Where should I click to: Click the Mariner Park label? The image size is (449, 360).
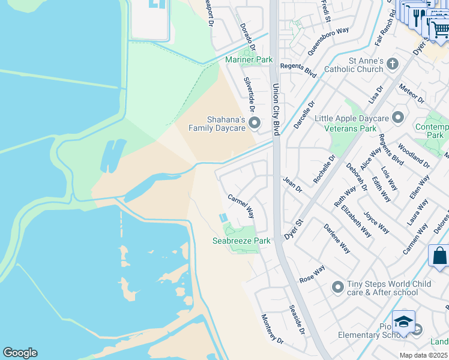(x=249, y=59)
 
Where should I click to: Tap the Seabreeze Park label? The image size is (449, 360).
(x=241, y=241)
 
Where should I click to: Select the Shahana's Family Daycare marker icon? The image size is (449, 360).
(x=255, y=123)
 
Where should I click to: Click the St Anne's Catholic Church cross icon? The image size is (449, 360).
(x=393, y=64)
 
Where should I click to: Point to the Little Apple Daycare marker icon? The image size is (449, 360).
(x=398, y=117)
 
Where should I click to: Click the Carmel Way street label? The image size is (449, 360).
(x=241, y=206)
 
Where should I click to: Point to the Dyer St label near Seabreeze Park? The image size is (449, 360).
(x=294, y=229)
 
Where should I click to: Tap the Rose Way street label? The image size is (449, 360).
(x=312, y=274)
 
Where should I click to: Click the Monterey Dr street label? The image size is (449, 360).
(x=272, y=328)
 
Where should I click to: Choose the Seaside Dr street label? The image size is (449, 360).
(x=297, y=320)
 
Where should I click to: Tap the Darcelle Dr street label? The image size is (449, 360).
(x=304, y=115)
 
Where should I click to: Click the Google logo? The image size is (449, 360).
(x=20, y=353)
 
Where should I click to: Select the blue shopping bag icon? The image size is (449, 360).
(x=439, y=256)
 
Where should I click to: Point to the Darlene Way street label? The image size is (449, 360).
(x=337, y=238)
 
